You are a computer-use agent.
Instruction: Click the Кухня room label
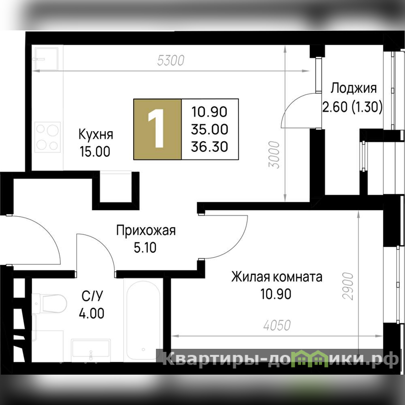pos(96,134)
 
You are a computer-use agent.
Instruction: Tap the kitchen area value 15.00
pos(95,151)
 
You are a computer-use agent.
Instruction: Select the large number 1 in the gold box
pos(156,129)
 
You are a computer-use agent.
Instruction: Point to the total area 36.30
pos(210,146)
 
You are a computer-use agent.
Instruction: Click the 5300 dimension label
pos(171,60)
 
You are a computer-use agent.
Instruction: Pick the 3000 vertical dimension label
pos(274,155)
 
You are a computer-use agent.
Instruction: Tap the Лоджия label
pos(353,88)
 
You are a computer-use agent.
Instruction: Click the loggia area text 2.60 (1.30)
pos(352,107)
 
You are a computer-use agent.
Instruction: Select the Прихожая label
pos(146,230)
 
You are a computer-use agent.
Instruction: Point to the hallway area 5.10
pos(145,248)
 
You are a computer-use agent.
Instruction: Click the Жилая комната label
pos(276,277)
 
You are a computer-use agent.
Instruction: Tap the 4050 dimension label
pos(277,325)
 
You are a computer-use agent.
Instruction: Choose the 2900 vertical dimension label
pos(348,286)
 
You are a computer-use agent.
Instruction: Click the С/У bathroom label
pos(92,296)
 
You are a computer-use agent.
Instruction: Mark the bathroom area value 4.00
pos(92,313)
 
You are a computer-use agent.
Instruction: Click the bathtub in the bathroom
pos(143,320)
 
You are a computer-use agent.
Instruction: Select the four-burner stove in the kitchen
pos(48,137)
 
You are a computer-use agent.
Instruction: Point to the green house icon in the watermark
pos(310,359)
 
